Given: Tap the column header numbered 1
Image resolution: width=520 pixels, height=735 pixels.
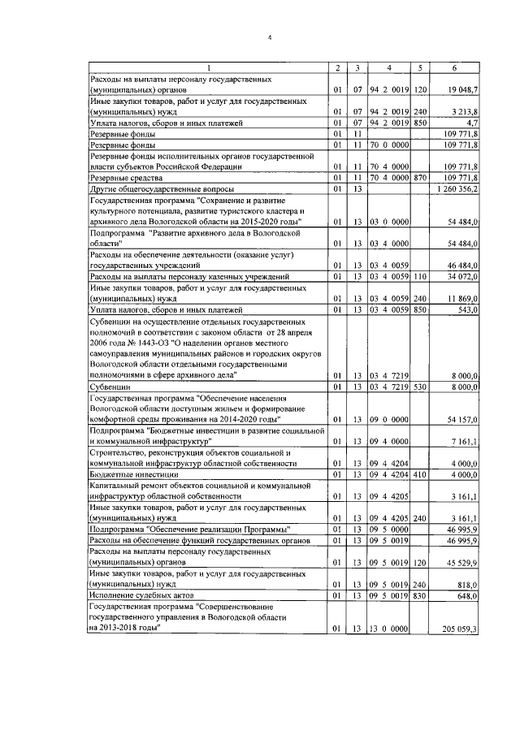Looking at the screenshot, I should coord(207,67).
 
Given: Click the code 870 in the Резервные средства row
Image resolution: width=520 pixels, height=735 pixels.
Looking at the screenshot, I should coord(419,177).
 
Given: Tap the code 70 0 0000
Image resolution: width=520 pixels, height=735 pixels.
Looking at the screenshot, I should coord(388,144).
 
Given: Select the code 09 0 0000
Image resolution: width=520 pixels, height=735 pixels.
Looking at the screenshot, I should coord(388,419).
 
